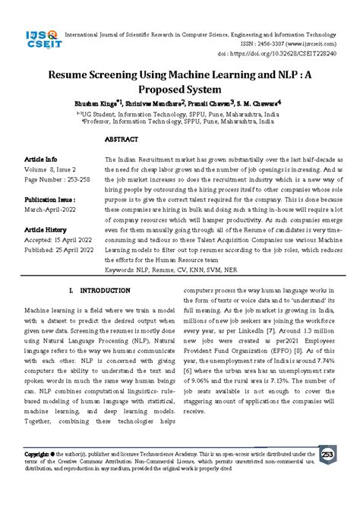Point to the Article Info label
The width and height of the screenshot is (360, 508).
pos(41,159)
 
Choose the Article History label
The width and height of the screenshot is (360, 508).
pos(45,229)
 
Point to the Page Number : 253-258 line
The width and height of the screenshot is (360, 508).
pos(55,181)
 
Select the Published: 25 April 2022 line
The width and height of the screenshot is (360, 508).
pos(60,249)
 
